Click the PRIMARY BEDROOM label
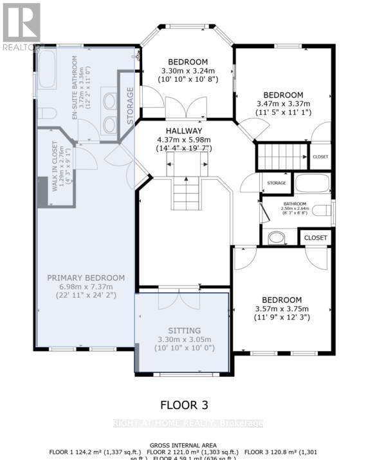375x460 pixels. click(x=86, y=278)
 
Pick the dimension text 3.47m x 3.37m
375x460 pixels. click(x=283, y=103)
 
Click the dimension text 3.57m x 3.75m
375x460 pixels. click(x=282, y=309)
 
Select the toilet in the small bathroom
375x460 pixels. click(x=277, y=238)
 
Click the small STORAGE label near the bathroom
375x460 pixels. click(x=276, y=184)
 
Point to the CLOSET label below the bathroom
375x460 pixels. click(x=315, y=238)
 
